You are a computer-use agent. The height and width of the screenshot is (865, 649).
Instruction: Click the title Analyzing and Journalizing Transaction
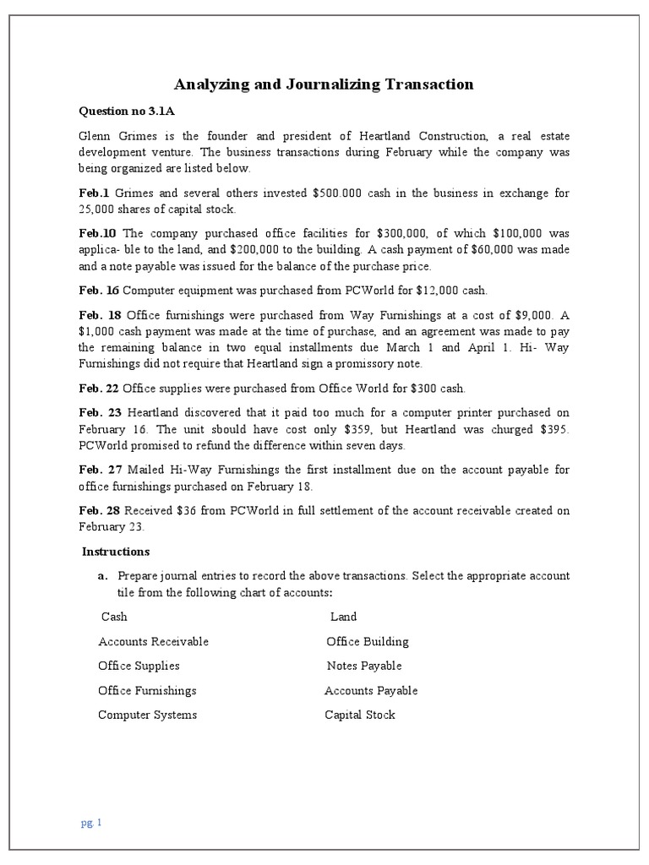pos(324,84)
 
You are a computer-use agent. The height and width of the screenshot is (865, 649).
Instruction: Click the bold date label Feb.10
pos(97,233)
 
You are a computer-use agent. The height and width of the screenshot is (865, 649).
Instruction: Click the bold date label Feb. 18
pos(100,315)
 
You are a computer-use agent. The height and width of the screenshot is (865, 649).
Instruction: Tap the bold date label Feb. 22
pos(100,389)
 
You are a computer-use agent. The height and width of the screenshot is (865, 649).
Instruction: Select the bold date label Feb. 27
pos(100,470)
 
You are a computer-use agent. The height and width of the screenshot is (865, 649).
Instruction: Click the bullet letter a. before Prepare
pos(102,576)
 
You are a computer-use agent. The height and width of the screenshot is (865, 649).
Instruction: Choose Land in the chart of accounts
pos(343,617)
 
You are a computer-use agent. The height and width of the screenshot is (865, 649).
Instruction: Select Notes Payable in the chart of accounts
pos(363,666)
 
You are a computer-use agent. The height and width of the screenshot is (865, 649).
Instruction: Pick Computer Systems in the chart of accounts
pos(147,715)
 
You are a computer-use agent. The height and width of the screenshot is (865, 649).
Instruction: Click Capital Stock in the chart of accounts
pos(359,715)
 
